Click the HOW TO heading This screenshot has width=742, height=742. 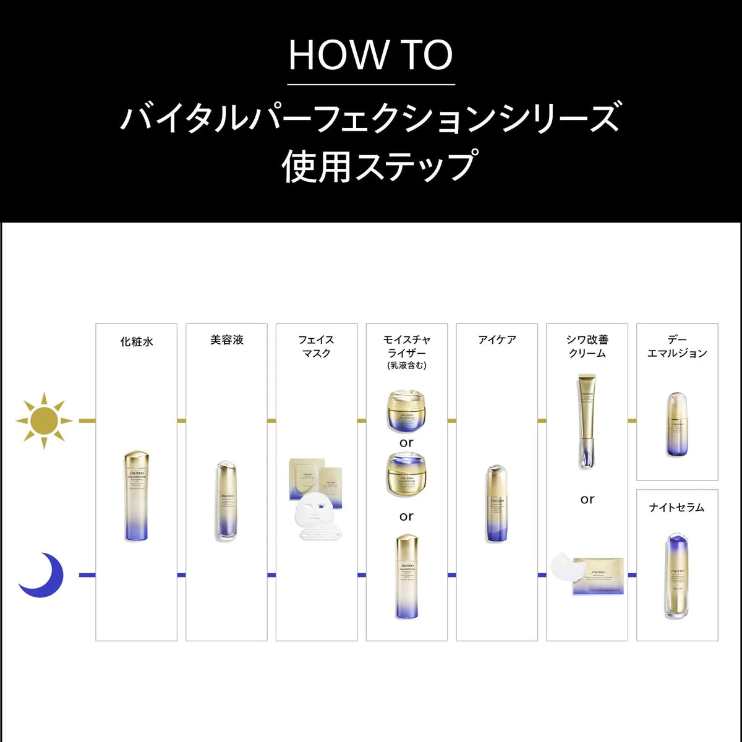tap(371, 56)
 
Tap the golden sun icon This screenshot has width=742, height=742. tap(44, 420)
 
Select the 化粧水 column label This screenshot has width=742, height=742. tap(136, 341)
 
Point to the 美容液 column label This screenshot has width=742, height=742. tap(226, 340)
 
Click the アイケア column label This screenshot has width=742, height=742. tap(497, 340)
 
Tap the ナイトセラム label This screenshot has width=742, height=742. tap(676, 507)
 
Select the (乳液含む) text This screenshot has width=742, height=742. tap(406, 365)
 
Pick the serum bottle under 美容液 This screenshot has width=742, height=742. tap(226, 501)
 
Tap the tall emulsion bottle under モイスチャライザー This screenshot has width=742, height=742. tap(406, 576)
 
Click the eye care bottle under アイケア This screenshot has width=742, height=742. tap(497, 503)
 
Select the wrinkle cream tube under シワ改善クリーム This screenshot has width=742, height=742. tap(587, 420)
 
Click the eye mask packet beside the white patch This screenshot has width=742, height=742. tap(597, 576)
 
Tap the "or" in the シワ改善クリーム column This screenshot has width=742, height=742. tap(587, 499)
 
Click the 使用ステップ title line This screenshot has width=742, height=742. tap(378, 166)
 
